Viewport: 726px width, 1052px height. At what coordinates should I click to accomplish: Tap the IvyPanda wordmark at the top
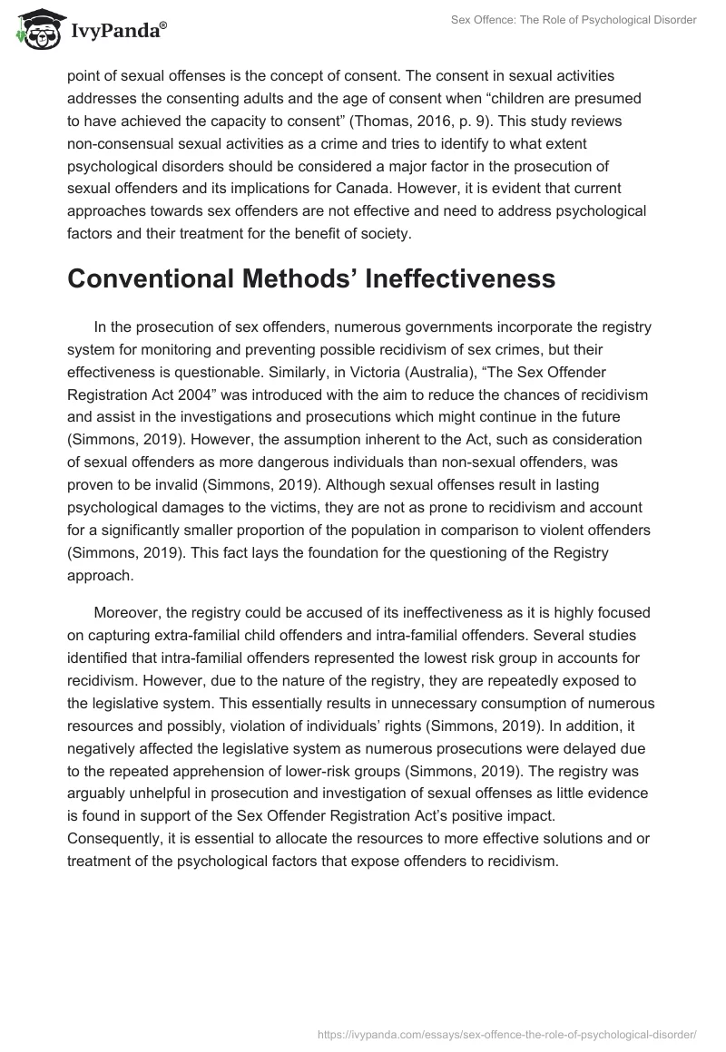coord(118,31)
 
